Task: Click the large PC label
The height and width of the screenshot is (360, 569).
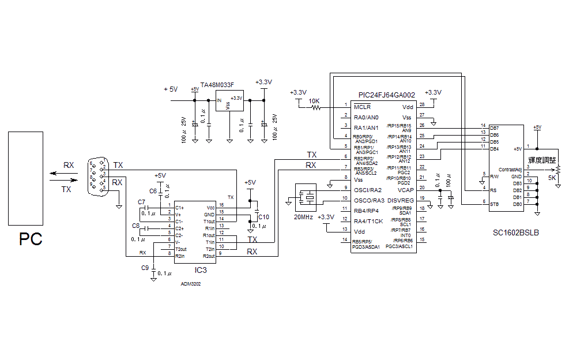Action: (x=31, y=239)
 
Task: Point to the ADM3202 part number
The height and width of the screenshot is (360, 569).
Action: (x=191, y=284)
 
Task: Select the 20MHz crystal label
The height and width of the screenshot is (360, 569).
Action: (x=304, y=217)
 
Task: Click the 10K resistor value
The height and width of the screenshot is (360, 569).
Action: (x=314, y=101)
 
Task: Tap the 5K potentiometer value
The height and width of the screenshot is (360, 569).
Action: (x=552, y=178)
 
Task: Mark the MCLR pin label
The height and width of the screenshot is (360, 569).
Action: (x=362, y=107)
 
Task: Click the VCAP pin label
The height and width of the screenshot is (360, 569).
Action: (x=405, y=189)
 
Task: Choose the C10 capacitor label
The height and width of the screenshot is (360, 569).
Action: (x=263, y=216)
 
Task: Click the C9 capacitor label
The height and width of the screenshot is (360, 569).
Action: (x=145, y=268)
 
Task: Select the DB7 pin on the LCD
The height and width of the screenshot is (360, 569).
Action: (x=494, y=128)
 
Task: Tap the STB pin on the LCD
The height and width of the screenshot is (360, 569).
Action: (x=494, y=204)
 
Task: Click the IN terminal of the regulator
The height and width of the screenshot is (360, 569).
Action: (x=218, y=101)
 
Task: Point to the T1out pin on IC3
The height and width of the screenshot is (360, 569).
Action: (x=209, y=222)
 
